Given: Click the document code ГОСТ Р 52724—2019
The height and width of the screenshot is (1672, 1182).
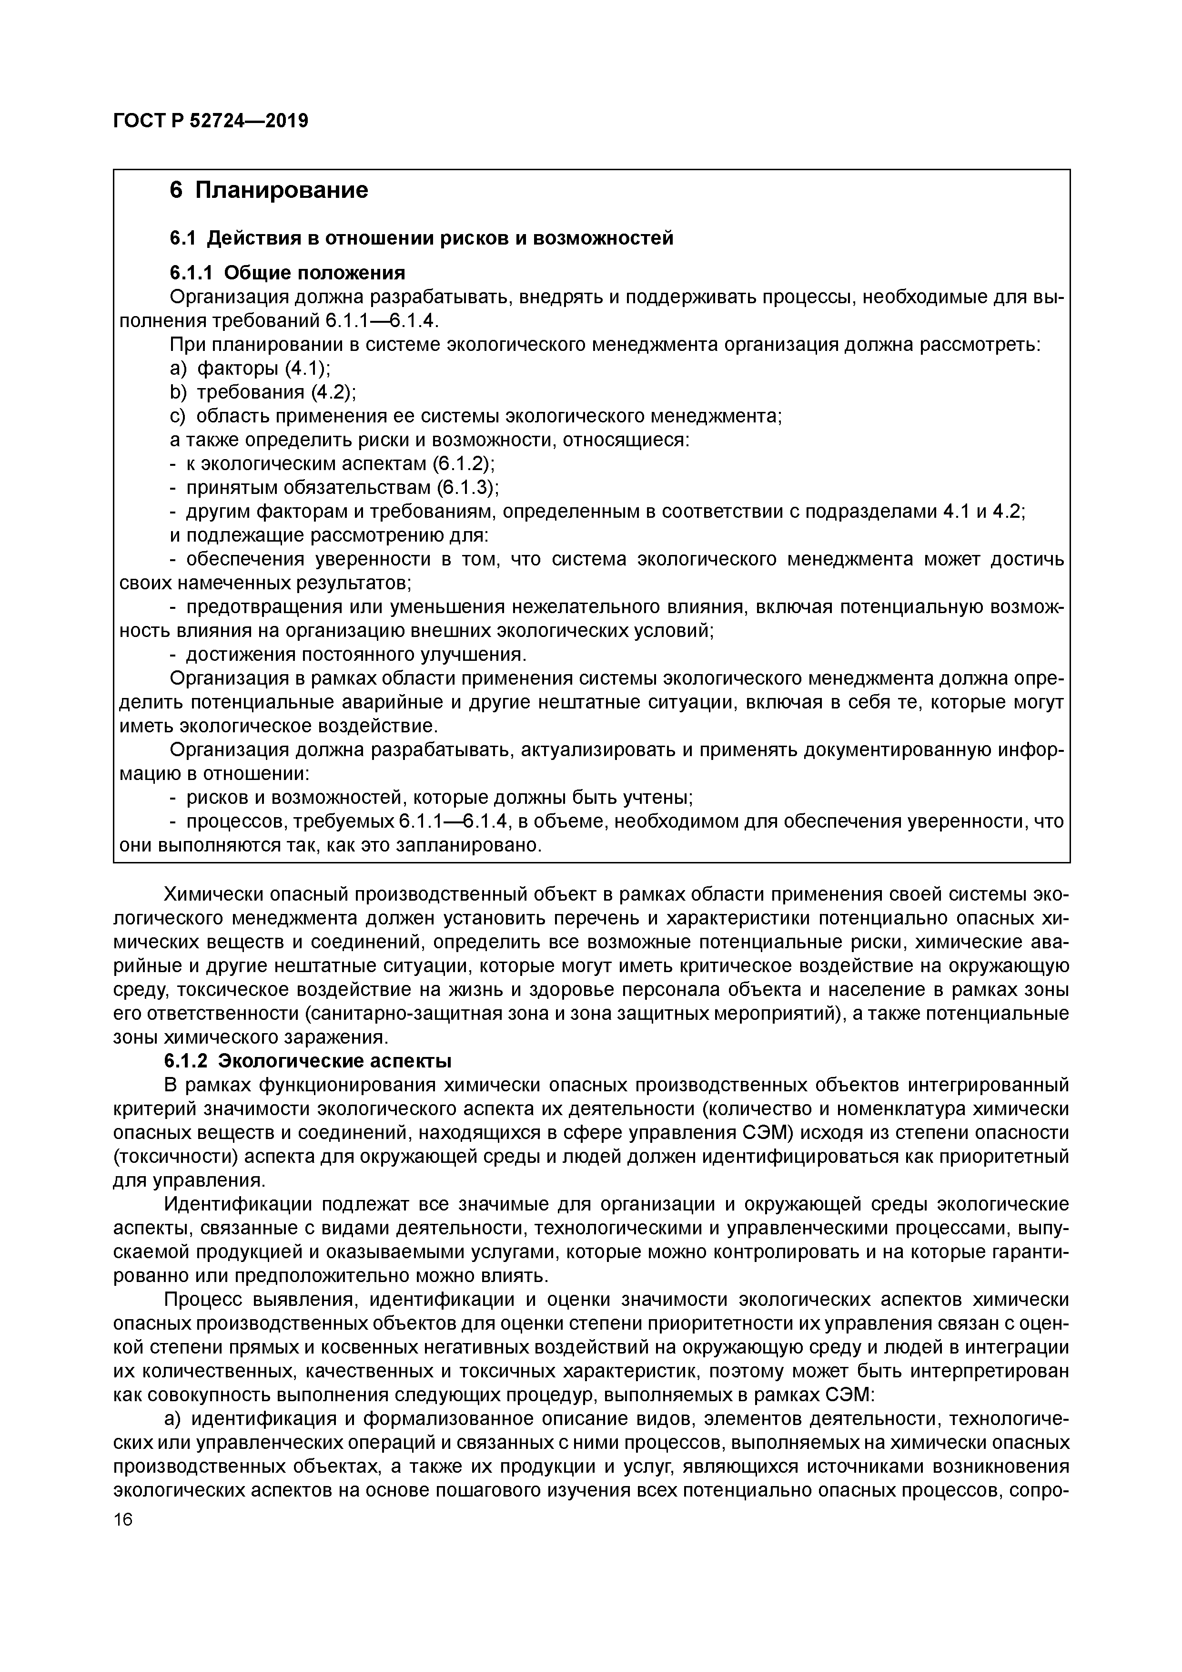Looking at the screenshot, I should (211, 121).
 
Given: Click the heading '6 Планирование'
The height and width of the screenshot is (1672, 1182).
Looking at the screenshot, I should (269, 190).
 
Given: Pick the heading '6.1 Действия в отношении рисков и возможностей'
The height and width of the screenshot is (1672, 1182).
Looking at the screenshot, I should (422, 237).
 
